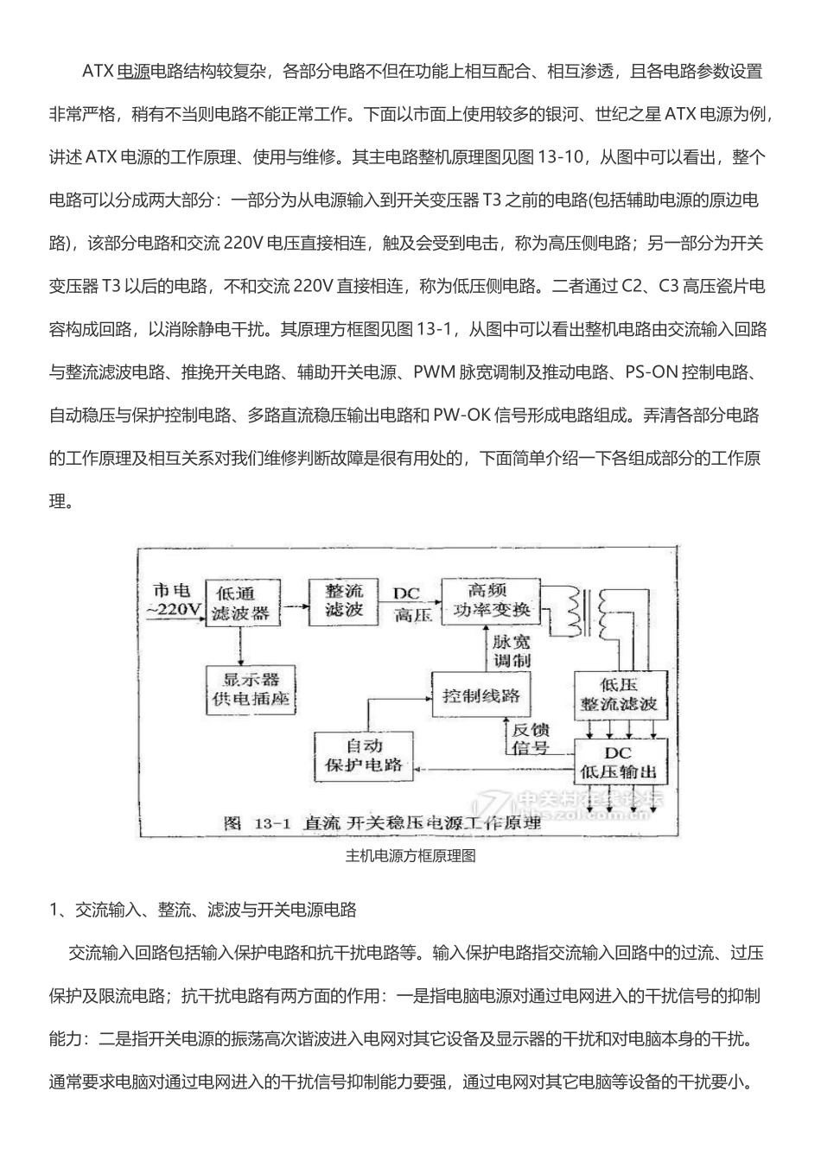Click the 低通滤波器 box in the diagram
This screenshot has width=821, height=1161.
[x=243, y=603]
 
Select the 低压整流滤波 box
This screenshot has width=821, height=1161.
[x=619, y=694]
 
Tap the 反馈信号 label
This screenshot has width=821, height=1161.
[x=531, y=739]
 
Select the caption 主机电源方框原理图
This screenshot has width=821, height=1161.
[x=410, y=857]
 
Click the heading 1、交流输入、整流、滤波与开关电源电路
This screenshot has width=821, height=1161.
[x=203, y=910]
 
